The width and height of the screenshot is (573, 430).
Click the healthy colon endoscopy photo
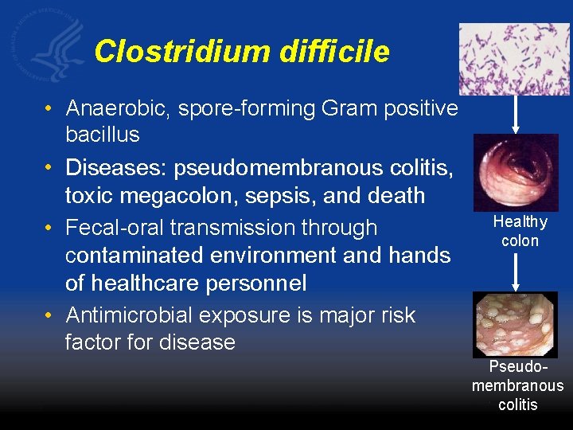coord(515,172)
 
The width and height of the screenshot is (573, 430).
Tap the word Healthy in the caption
coord(520,222)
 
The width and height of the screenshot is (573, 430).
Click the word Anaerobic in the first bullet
coord(119,107)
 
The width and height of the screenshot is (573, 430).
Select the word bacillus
coord(103,135)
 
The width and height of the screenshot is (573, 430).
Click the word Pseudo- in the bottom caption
coord(518,367)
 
